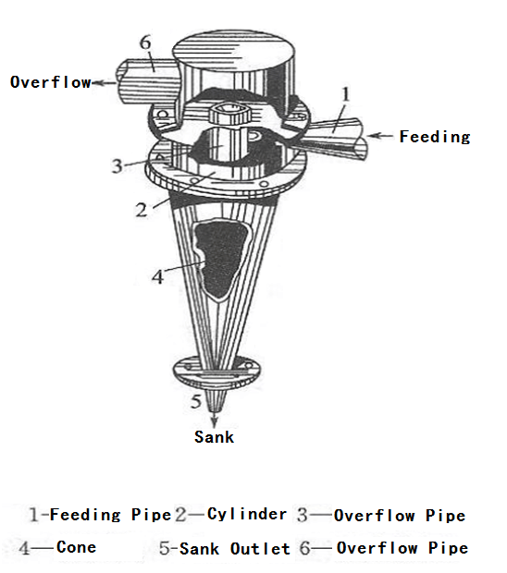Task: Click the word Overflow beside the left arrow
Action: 51,82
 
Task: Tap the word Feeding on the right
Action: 435,137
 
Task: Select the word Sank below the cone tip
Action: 214,437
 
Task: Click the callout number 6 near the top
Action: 145,43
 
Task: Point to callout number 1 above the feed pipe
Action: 346,94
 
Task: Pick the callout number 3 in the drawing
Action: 117,166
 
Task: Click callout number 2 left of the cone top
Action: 142,210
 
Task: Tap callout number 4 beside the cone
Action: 157,277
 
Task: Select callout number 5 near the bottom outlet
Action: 196,401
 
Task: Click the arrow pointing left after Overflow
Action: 105,83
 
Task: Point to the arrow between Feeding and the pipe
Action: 380,136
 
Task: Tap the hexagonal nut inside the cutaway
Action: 230,114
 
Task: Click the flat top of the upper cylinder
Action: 233,50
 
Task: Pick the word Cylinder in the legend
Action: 247,515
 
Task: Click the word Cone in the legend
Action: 77,547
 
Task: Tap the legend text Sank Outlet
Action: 235,549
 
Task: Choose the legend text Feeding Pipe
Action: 110,515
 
